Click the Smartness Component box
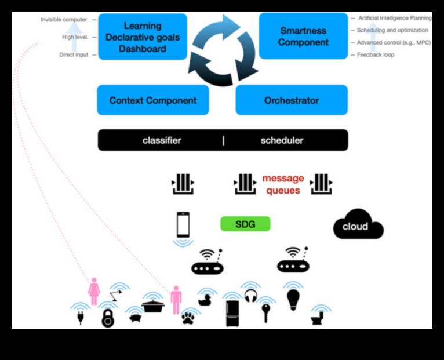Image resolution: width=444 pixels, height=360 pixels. pos(304,37)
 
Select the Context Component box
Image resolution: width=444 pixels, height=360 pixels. pos(153,100)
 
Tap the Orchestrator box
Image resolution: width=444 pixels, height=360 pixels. pos(292,100)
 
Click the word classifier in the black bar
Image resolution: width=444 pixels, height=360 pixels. pos(162,140)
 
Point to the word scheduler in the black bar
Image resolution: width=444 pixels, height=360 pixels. pos(282,140)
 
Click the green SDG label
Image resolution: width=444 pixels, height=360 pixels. pos(245,224)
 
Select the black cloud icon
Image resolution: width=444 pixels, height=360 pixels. pos(357,225)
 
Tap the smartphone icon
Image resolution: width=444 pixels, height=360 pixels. pos(183,224)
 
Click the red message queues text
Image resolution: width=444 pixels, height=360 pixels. pos(283,184)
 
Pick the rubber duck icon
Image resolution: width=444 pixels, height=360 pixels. pos(205,300)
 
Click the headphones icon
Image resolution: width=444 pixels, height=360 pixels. pos(250,296)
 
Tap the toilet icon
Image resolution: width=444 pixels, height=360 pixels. pos(317,317)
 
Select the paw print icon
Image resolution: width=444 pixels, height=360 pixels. pos(188,318)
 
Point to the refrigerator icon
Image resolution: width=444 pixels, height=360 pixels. pos(232,314)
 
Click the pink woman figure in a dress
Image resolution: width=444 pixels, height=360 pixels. pos(94,291)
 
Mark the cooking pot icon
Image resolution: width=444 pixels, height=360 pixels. pos(153,306)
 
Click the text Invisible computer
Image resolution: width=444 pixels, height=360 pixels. pos(64,20)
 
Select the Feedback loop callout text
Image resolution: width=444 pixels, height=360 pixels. pos(376,55)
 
